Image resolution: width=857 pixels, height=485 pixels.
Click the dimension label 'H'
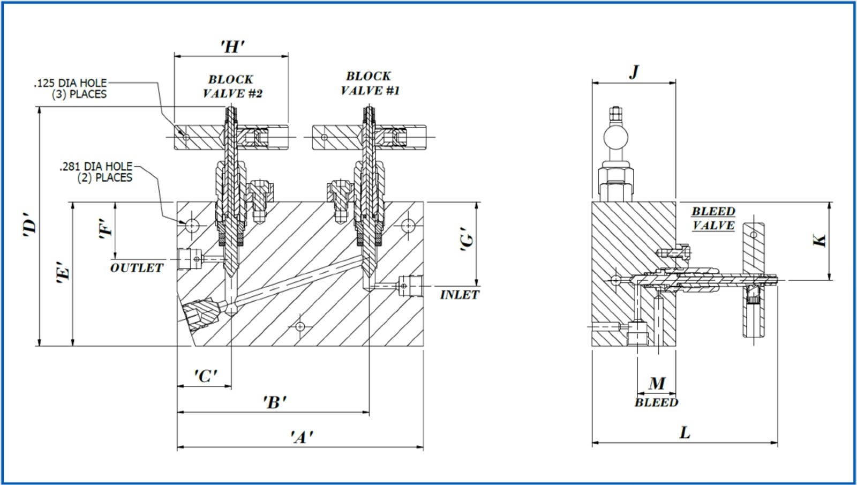(232, 47)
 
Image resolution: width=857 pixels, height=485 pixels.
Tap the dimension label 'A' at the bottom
(302, 437)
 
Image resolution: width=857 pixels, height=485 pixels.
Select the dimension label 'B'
(274, 402)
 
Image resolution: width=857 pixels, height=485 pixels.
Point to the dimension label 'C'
(205, 376)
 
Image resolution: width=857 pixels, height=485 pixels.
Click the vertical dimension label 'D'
(30, 226)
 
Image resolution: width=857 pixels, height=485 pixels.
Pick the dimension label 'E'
(63, 272)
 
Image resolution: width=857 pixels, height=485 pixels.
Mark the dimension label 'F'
(107, 229)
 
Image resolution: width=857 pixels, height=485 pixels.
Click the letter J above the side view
(634, 71)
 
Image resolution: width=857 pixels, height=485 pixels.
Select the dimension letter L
(685, 432)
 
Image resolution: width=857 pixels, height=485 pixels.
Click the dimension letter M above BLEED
(657, 383)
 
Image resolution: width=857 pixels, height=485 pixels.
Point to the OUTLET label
(137, 268)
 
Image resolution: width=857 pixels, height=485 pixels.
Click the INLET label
(460, 295)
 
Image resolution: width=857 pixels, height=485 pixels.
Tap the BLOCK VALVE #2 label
(232, 86)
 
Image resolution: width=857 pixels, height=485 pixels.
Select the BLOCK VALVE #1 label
(370, 83)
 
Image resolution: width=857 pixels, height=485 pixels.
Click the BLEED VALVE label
(713, 218)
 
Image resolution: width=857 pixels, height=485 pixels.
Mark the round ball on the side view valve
(616, 136)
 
